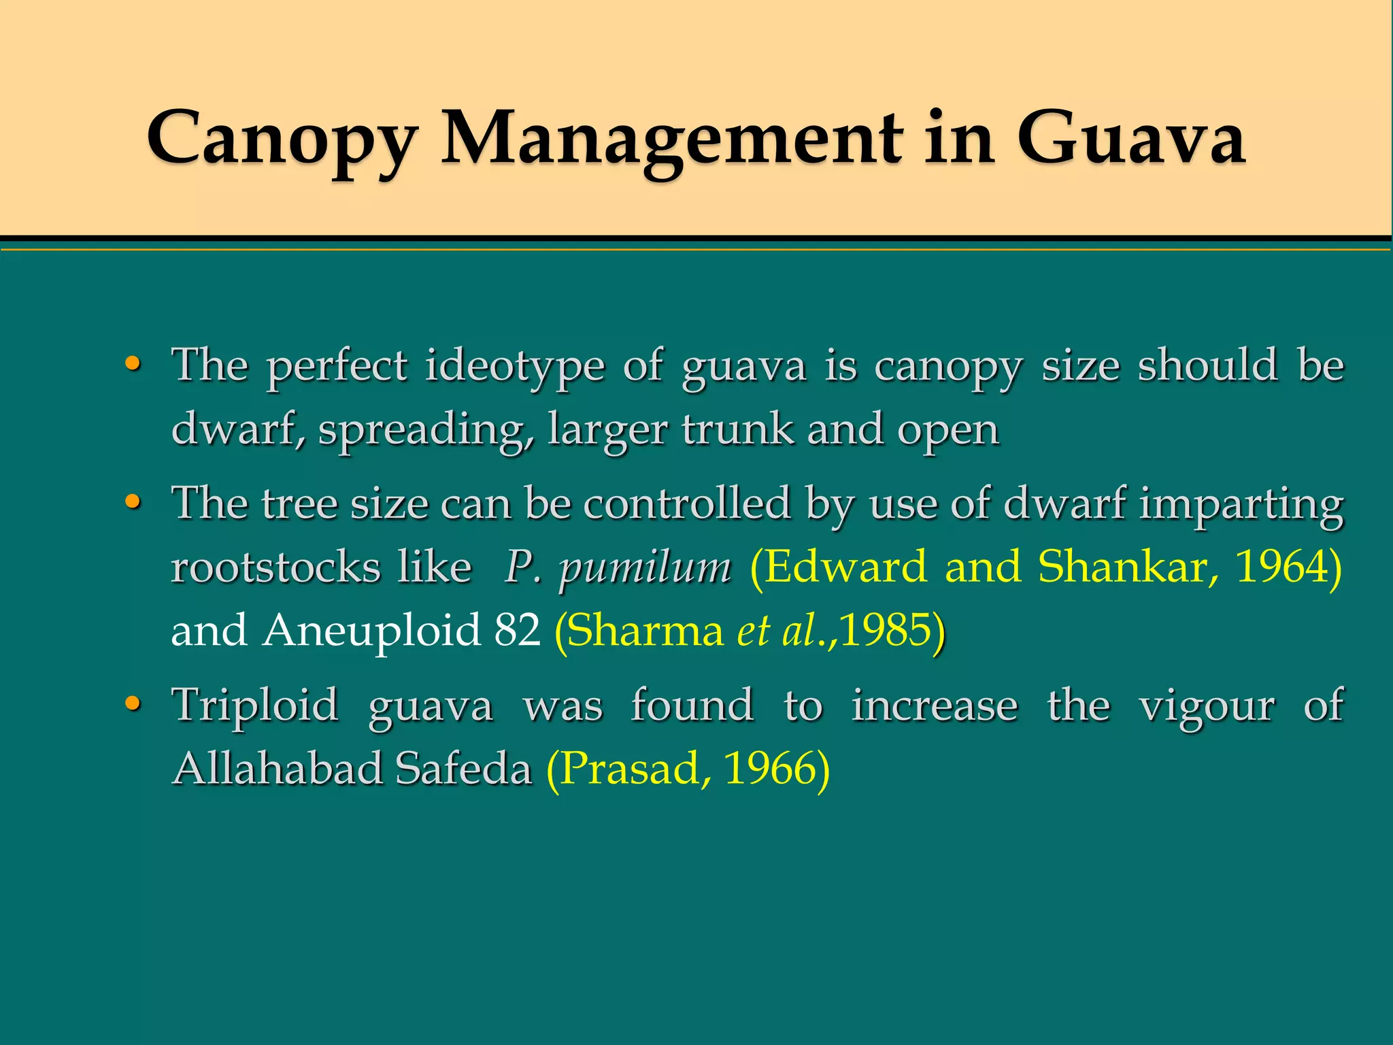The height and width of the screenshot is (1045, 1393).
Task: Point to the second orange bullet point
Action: click(133, 502)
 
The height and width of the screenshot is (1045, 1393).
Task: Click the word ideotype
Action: click(515, 366)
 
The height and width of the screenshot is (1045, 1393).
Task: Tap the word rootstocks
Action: click(275, 567)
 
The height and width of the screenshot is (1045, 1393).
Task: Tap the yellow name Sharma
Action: click(645, 631)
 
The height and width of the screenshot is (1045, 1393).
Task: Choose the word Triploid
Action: click(255, 705)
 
